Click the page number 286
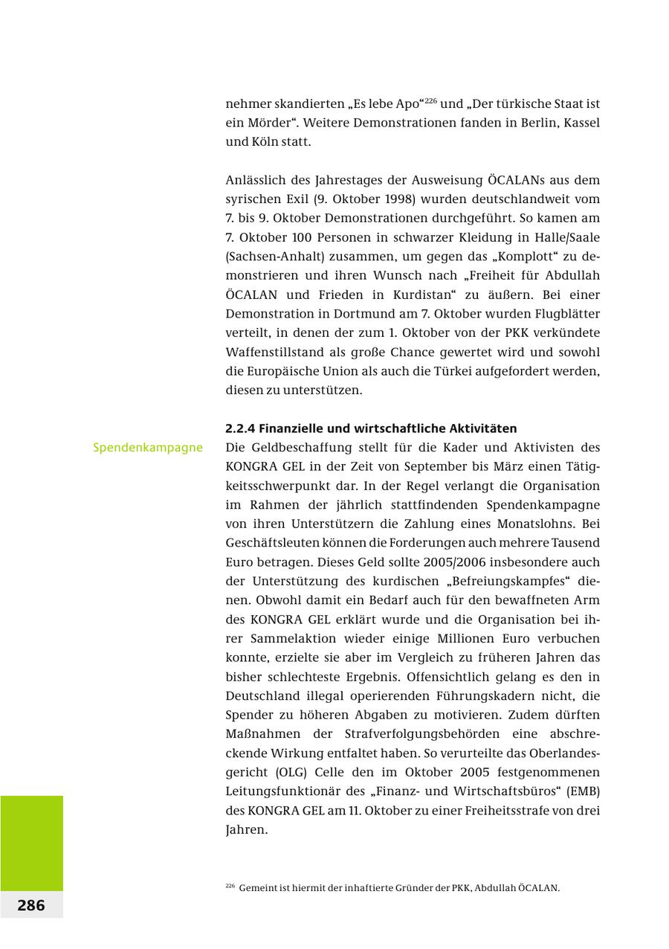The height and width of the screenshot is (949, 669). (31, 905)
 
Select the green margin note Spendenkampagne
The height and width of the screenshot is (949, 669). (148, 448)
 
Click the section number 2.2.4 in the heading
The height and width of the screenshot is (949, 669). (239, 428)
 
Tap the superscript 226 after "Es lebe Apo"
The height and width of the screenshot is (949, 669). (430, 100)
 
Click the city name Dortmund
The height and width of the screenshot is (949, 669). (343, 314)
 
